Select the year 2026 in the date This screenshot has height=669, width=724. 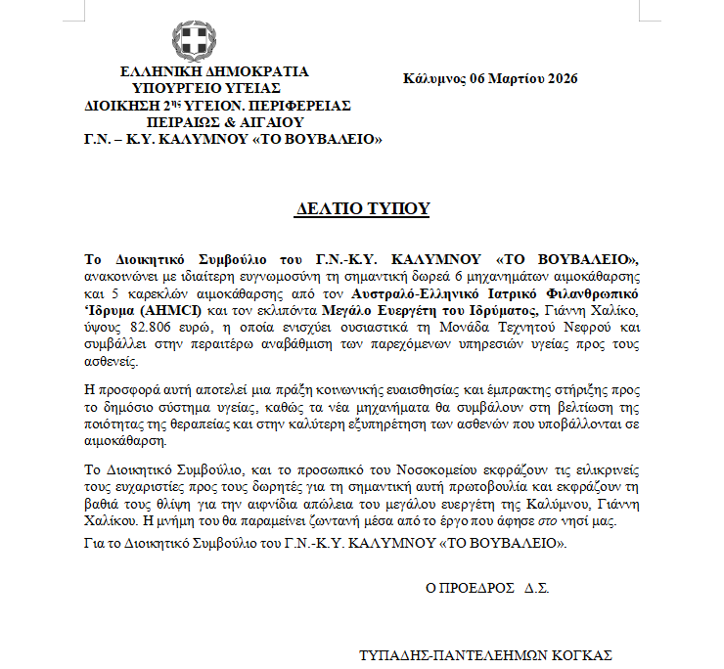tap(560, 78)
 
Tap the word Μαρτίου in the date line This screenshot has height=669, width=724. tap(510, 78)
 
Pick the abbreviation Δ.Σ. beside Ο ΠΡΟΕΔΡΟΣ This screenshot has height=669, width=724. tap(537, 590)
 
